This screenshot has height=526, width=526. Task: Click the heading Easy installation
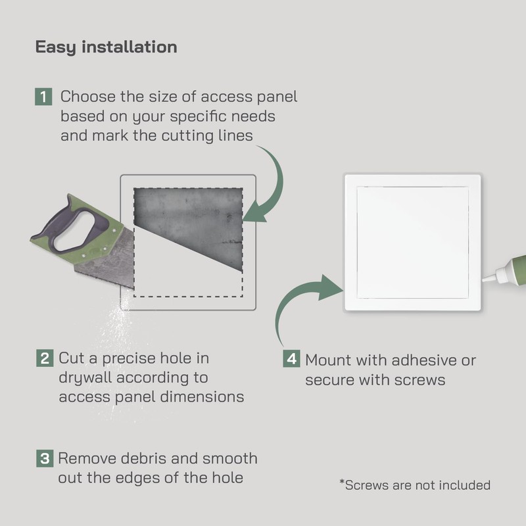pos(106,47)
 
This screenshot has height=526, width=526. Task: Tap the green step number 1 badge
pos(43,97)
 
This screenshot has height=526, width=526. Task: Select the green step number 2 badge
pos(43,359)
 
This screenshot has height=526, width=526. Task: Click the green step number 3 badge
pos(43,458)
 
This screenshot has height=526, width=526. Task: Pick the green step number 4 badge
pos(291,360)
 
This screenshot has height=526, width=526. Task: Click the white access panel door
pos(412,242)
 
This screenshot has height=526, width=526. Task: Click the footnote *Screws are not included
pos(414,485)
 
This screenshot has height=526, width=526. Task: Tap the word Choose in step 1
pos(87,97)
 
